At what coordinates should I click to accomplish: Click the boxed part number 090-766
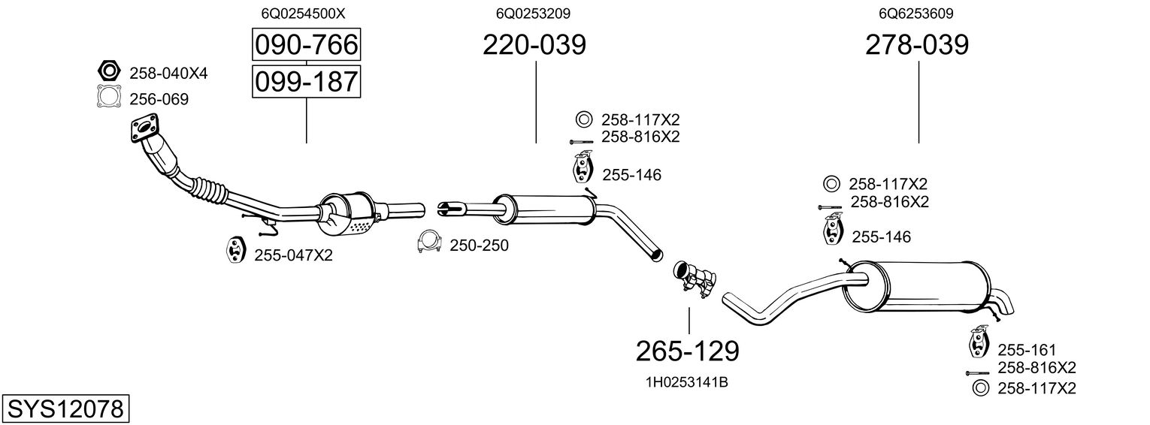(x=306, y=45)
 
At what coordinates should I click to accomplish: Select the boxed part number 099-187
(x=306, y=81)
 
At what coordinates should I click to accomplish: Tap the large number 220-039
(x=534, y=45)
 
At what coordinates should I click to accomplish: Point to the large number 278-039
(x=917, y=45)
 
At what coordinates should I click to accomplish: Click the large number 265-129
(x=688, y=351)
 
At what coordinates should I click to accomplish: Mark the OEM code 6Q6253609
(x=916, y=14)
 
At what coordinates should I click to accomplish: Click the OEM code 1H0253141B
(x=687, y=382)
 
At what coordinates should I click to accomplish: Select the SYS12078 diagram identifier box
(x=65, y=410)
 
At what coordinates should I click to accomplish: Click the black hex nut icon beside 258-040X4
(x=109, y=72)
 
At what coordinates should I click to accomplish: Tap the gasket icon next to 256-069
(x=109, y=98)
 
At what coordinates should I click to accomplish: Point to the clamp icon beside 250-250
(x=428, y=243)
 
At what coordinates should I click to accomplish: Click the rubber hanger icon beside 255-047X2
(x=235, y=251)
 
